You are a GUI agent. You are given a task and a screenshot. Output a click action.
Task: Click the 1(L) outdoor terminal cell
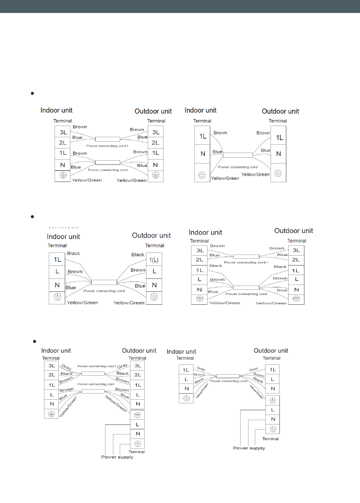154,260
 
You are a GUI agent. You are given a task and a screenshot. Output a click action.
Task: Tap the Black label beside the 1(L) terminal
138,255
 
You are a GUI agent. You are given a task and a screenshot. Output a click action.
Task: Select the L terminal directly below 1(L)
154,272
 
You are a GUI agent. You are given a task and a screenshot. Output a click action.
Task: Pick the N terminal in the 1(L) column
154,285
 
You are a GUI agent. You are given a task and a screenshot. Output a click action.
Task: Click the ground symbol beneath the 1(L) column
154,297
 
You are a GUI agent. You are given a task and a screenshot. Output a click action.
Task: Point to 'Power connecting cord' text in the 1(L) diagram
104,291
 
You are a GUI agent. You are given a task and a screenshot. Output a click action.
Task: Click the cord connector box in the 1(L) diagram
104,282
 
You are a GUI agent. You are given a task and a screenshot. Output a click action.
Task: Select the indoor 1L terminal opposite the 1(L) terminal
57,260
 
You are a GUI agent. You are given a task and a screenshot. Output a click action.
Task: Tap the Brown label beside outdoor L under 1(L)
138,270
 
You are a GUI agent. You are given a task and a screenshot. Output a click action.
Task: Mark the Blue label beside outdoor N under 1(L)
140,286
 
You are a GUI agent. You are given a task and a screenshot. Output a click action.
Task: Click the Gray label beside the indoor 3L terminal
67,367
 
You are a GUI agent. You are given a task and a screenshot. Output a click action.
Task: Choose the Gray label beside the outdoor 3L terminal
122,366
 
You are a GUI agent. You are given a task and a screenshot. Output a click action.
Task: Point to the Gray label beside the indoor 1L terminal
201,369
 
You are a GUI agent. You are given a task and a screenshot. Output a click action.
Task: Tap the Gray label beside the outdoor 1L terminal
254,369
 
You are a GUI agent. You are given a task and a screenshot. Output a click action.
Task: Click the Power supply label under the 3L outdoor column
117,457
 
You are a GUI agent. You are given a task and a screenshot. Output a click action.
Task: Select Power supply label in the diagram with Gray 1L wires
249,448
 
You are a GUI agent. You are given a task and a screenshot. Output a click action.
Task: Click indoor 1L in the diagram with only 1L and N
203,136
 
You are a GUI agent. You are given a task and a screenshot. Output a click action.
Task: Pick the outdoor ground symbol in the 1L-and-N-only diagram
278,173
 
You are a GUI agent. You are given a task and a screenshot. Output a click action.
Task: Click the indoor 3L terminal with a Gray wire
52,366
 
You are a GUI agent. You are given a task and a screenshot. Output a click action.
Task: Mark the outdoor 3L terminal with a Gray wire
138,366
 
